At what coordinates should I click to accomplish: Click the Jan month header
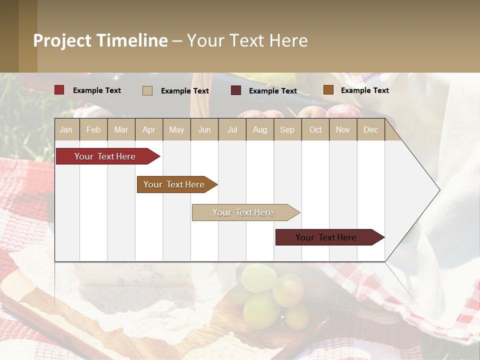point(66,129)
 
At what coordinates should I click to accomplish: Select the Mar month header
point(121,129)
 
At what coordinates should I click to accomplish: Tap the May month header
point(176,129)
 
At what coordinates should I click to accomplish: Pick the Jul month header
point(232,129)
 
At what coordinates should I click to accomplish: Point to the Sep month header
point(287,129)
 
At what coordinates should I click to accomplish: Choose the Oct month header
point(315,129)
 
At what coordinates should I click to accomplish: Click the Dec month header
point(370,129)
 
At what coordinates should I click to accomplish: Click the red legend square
point(59,90)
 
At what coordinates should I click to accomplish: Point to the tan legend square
point(147,90)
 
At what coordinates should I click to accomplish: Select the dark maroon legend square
point(236,90)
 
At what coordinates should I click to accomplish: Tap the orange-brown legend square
point(328,90)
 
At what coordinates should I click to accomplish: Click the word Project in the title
point(62,40)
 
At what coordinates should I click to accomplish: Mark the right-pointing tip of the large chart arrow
point(438,190)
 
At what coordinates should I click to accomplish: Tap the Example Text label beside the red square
point(97,90)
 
